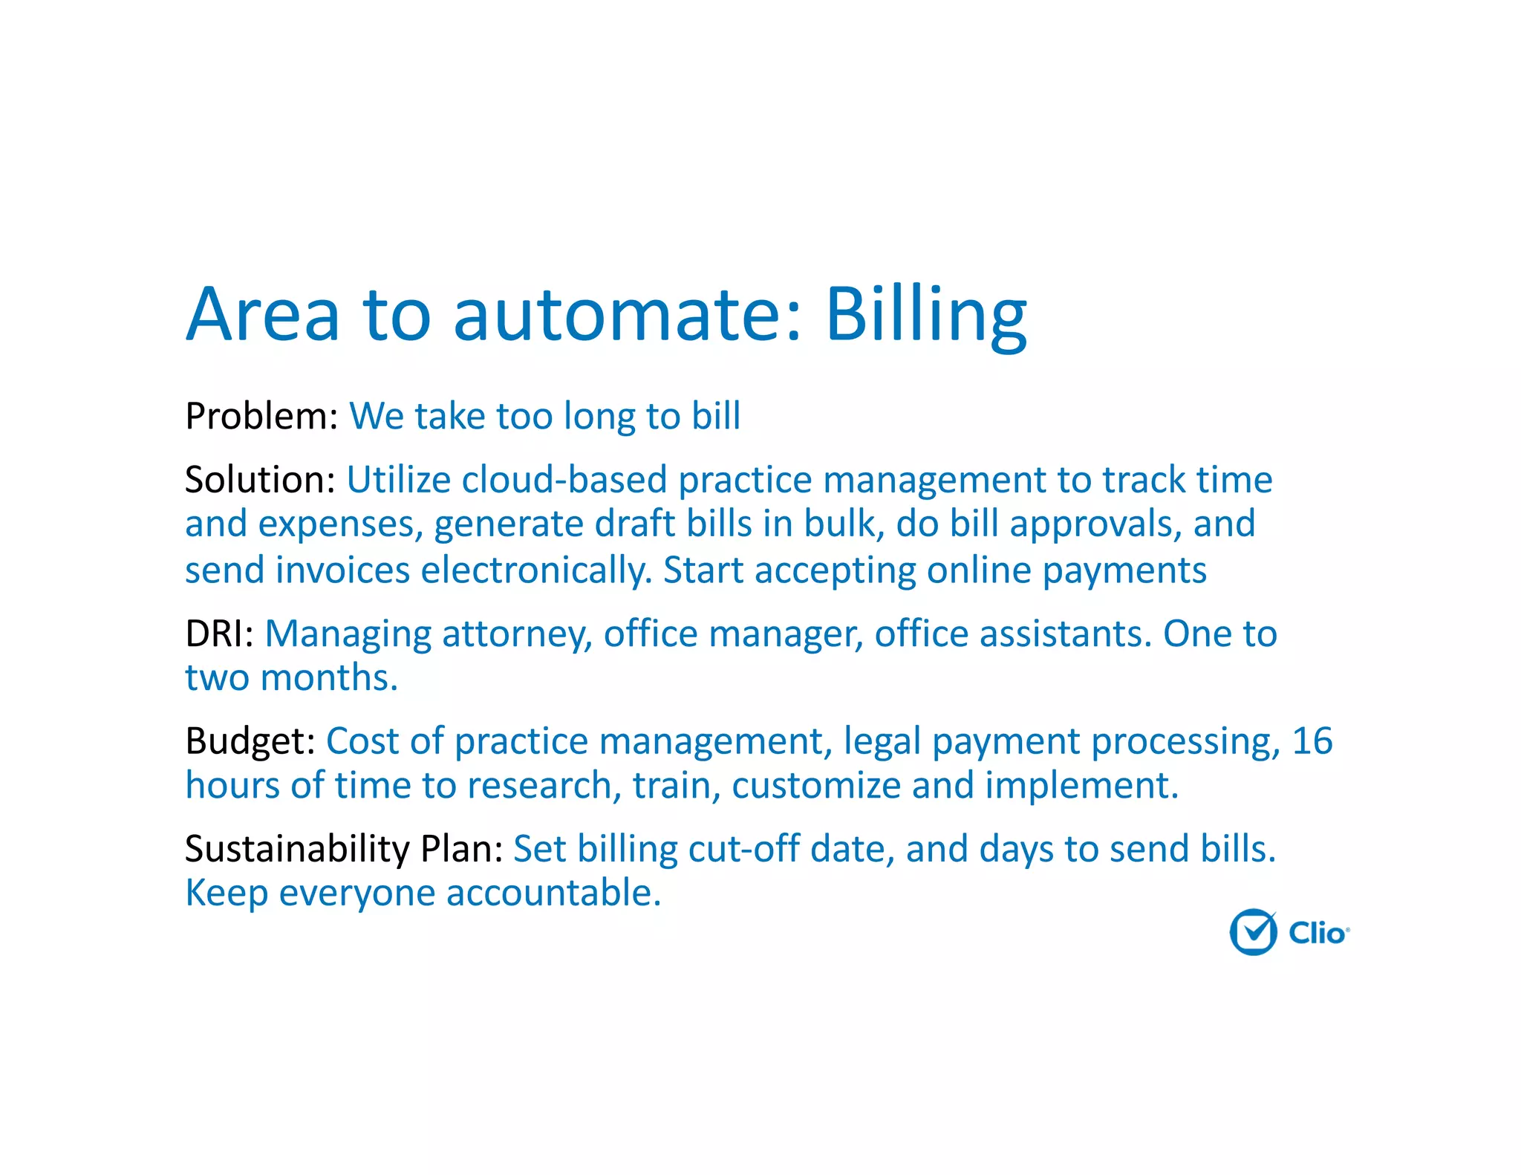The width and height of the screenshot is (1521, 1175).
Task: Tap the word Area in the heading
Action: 263,315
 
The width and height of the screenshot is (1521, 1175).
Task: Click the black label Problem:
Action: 261,416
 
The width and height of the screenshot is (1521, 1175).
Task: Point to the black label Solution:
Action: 260,480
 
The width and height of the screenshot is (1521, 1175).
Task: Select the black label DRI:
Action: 219,634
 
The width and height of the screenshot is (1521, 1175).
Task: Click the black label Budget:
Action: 250,741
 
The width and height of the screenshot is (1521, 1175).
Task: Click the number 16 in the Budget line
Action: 1312,741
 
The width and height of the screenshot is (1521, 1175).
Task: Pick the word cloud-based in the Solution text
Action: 564,480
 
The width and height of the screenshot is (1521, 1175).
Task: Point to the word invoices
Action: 342,571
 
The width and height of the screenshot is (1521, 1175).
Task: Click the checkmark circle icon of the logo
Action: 1253,931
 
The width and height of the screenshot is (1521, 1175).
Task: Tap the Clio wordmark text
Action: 1318,933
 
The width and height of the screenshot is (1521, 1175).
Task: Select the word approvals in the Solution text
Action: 1095,524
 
